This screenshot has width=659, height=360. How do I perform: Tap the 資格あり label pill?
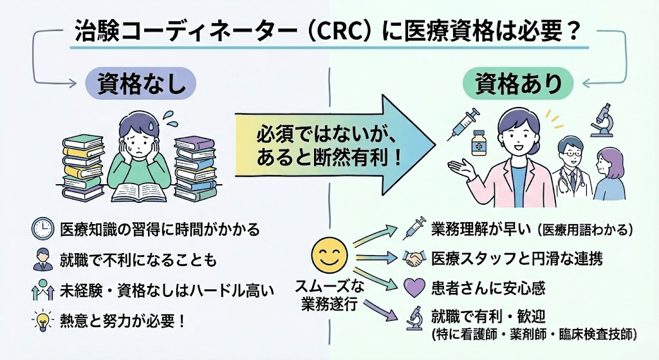tap(519, 82)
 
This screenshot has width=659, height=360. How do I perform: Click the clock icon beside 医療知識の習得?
tap(42, 229)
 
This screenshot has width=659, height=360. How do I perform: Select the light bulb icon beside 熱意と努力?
tap(42, 319)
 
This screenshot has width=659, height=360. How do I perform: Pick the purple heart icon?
tap(415, 287)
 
